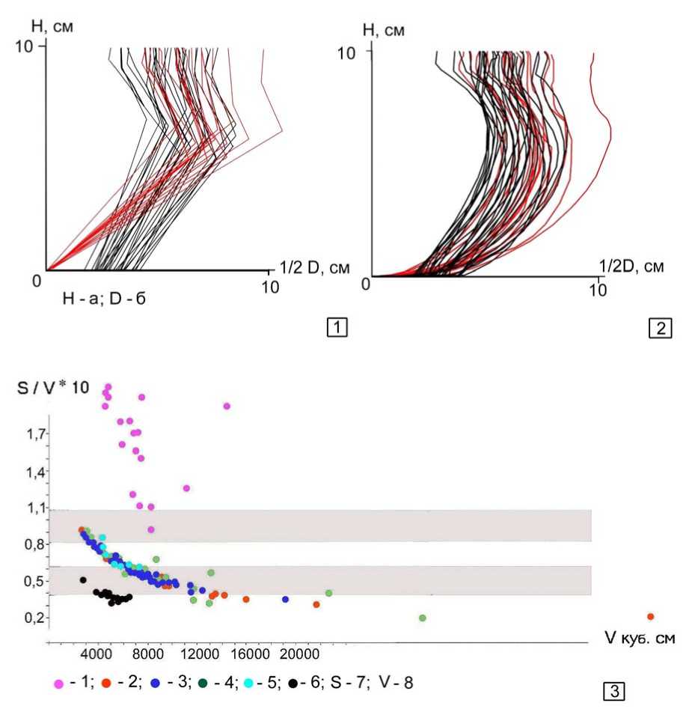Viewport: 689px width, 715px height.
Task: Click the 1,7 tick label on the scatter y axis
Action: click(x=32, y=433)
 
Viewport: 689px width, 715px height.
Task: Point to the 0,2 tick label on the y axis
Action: click(x=32, y=618)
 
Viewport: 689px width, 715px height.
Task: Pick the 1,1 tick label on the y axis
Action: click(x=32, y=508)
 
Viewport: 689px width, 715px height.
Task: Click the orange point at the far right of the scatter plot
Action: click(x=650, y=616)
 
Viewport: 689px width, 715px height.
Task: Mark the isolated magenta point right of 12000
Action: click(x=227, y=406)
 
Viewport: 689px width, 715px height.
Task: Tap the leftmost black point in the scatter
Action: click(x=83, y=579)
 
